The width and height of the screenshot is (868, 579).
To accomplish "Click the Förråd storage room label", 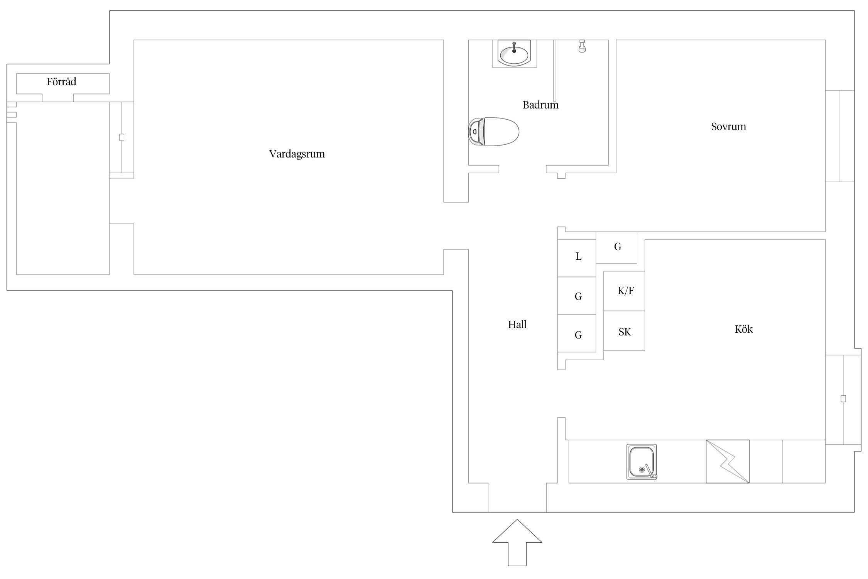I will (x=61, y=82).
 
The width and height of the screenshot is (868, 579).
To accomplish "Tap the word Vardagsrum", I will (x=297, y=154).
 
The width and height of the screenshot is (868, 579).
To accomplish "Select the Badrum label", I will (x=540, y=105).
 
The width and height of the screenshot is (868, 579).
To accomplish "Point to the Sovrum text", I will (x=728, y=127).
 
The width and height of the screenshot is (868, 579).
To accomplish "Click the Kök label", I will (x=743, y=329).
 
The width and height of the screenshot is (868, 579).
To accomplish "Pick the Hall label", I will (x=517, y=325).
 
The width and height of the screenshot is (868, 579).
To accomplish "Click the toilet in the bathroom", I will (x=494, y=132).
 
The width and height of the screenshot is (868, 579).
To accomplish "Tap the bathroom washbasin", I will (x=514, y=53).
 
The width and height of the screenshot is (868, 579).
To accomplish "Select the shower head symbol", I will (x=582, y=46).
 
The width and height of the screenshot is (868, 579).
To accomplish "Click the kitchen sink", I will (x=641, y=462).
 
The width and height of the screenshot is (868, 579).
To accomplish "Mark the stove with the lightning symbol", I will (x=727, y=461).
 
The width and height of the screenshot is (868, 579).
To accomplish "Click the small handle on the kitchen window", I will (x=843, y=398).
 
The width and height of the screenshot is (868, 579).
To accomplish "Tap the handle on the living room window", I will (x=122, y=137).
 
